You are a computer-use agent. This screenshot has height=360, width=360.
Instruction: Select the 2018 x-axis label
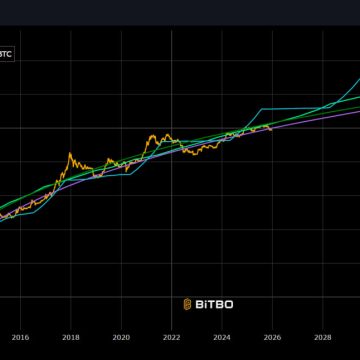coord(70,337)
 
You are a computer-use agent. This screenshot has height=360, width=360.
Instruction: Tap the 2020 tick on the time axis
coord(121,337)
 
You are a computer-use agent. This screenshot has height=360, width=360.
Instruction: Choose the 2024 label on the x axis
coord(222,337)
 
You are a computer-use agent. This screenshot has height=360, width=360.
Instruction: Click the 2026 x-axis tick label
coord(272,337)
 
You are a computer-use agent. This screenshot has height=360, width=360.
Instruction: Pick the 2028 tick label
coord(323,337)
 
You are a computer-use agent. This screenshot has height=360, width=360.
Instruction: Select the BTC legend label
coord(5,53)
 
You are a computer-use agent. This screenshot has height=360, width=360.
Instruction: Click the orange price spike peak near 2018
coord(69,153)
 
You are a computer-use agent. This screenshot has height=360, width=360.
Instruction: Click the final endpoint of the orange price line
coord(271,130)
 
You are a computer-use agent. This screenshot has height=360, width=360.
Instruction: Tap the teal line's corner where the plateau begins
coord(261,108)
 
